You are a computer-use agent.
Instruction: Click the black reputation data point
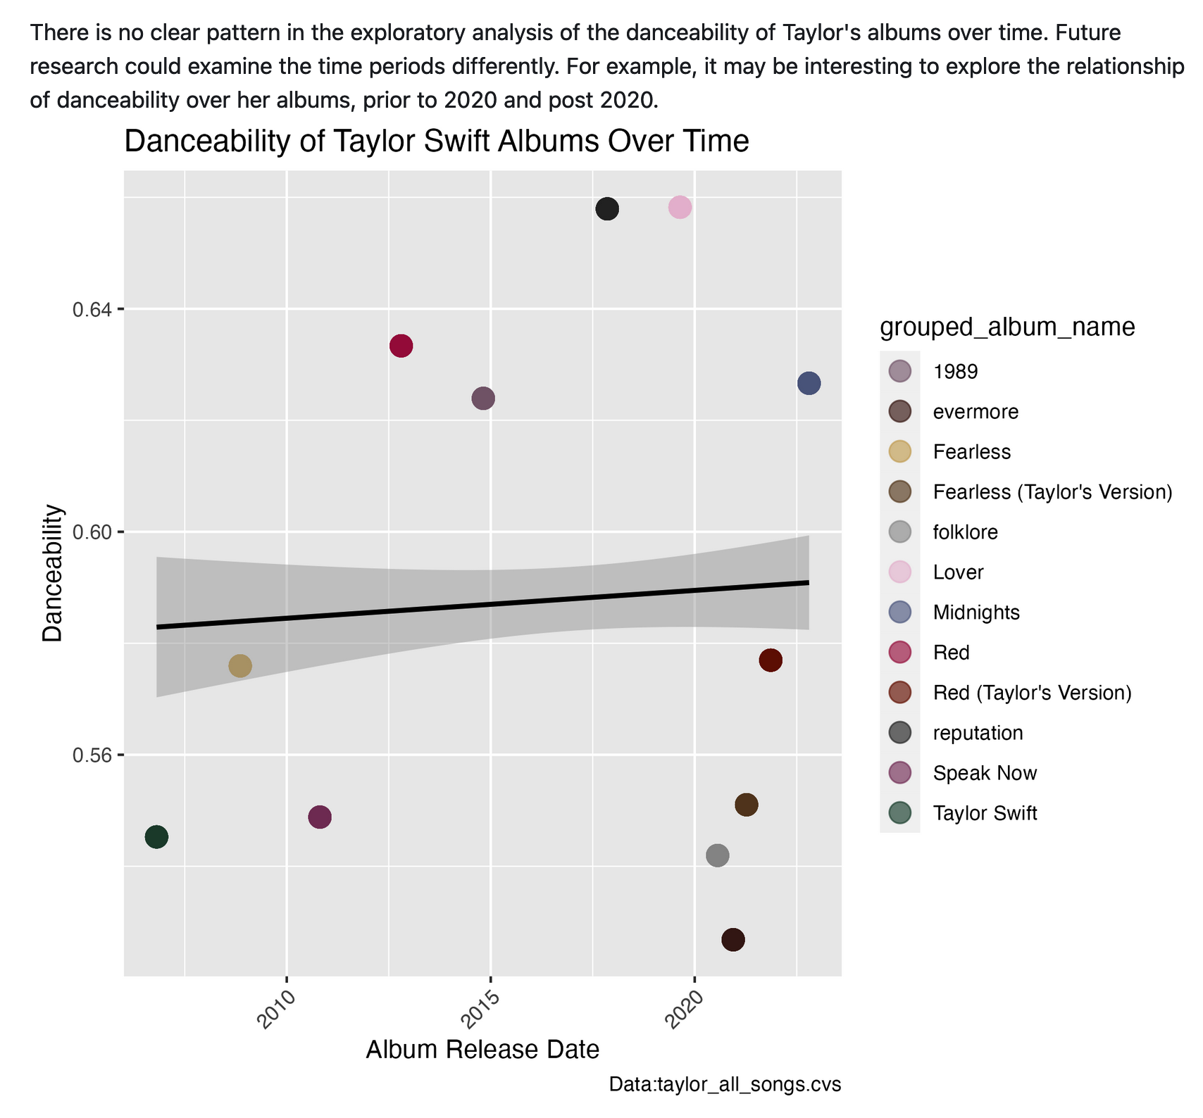607,209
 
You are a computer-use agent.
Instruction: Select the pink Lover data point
680,208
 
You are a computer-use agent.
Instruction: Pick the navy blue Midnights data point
809,384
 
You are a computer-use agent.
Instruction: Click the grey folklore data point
717,855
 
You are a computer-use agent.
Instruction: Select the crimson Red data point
401,346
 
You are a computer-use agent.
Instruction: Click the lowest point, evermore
733,940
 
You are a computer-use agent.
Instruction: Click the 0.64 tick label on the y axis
93,309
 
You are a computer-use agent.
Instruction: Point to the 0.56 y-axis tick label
93,755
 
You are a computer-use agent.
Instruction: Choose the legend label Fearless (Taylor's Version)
1052,492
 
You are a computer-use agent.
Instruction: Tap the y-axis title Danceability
53,573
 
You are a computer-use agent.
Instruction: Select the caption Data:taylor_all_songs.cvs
725,1085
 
